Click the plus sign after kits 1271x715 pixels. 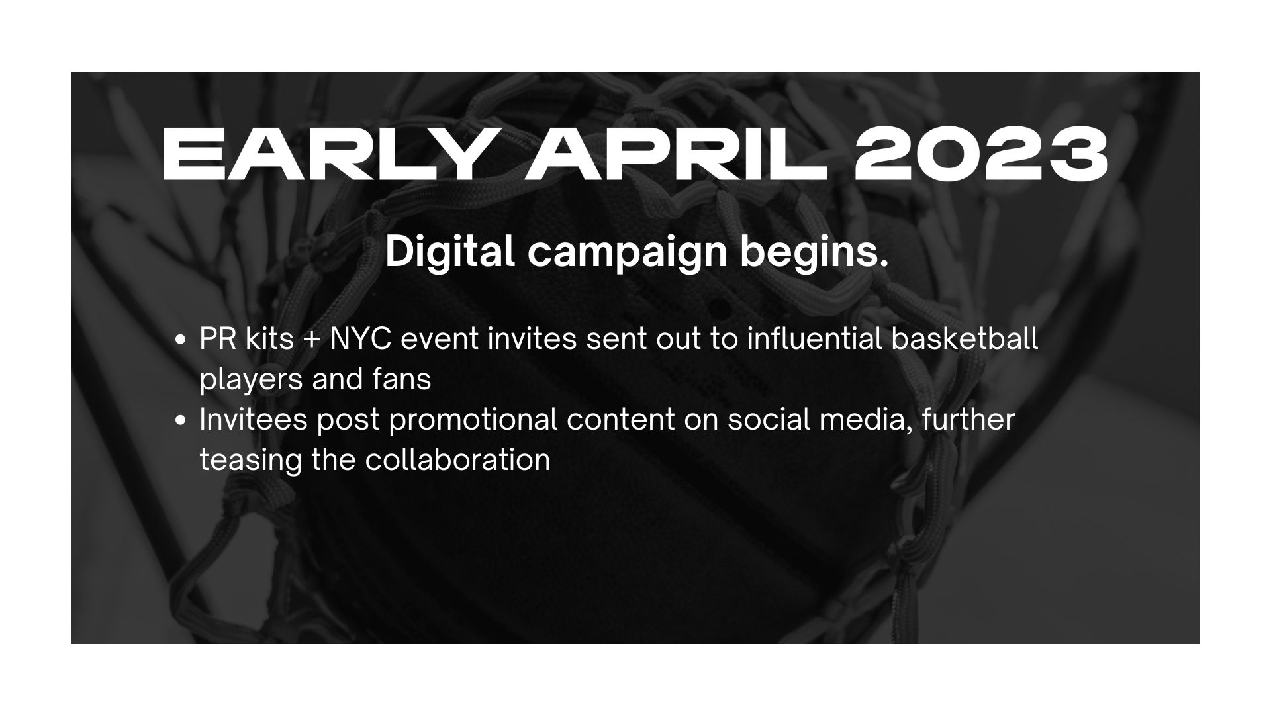(x=312, y=340)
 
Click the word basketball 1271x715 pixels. (x=965, y=339)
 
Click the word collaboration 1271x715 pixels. (x=457, y=460)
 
